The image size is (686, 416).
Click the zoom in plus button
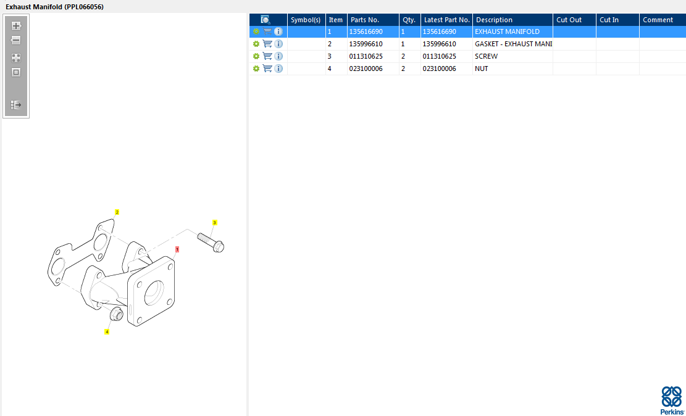coord(16,26)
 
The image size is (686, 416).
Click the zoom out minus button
coord(16,40)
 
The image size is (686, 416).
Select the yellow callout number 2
coord(117,212)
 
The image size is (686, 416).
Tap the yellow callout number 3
coord(214,223)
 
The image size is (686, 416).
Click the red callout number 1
coord(177,249)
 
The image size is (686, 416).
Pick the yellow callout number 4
coord(107,331)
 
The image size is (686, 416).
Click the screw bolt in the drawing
coord(211,242)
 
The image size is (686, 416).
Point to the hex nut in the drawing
coord(116,314)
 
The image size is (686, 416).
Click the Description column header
coord(494,20)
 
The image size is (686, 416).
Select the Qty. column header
coord(409,20)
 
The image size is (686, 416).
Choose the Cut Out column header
coord(569,20)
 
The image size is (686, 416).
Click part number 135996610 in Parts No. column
coord(366,44)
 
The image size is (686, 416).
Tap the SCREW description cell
coord(486,56)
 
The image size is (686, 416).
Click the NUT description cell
coord(481,69)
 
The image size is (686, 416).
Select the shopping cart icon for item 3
coord(267,56)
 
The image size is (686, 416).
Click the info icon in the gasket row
coord(278,44)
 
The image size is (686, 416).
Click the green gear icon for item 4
coord(256,69)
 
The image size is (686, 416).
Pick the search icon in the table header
coord(266,20)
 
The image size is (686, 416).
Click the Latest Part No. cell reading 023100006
coord(439,69)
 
